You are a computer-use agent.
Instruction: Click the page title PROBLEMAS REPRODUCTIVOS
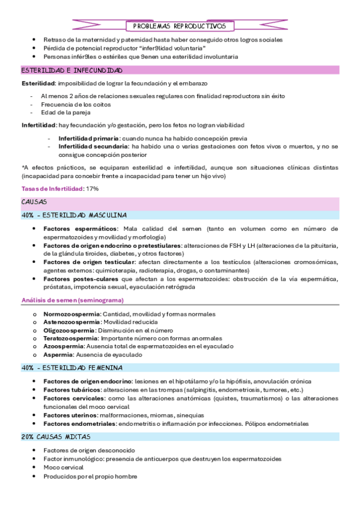pyautogui.click(x=179, y=26)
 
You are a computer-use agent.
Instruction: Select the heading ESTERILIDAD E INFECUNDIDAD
pyautogui.click(x=72, y=70)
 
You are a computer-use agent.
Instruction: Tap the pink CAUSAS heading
pyautogui.click(x=34, y=202)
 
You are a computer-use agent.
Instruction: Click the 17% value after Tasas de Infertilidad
pyautogui.click(x=92, y=189)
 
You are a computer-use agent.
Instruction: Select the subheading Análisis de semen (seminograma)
pyautogui.click(x=72, y=300)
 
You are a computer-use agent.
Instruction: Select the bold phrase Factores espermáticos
pyautogui.click(x=80, y=229)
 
